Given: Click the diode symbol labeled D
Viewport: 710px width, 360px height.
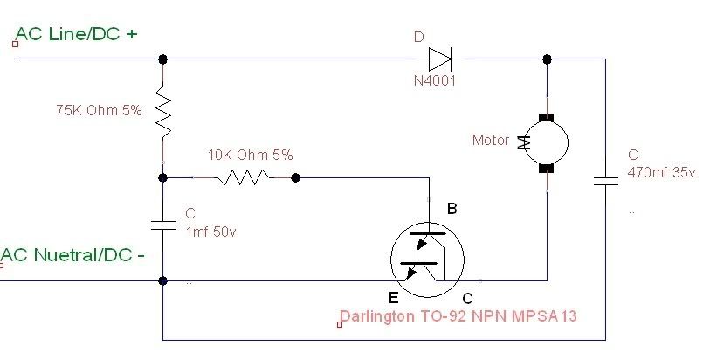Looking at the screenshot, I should (439, 59).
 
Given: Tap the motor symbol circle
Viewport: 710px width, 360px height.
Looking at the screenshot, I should (547, 142).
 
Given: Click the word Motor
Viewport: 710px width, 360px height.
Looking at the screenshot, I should (490, 140).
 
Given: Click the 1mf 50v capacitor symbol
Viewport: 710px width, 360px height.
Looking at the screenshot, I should (162, 224).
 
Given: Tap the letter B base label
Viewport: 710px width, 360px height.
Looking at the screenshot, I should (452, 209).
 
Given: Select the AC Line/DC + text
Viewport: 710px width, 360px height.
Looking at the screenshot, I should (77, 34).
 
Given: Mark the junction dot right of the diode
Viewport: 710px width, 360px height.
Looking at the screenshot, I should (547, 59).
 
